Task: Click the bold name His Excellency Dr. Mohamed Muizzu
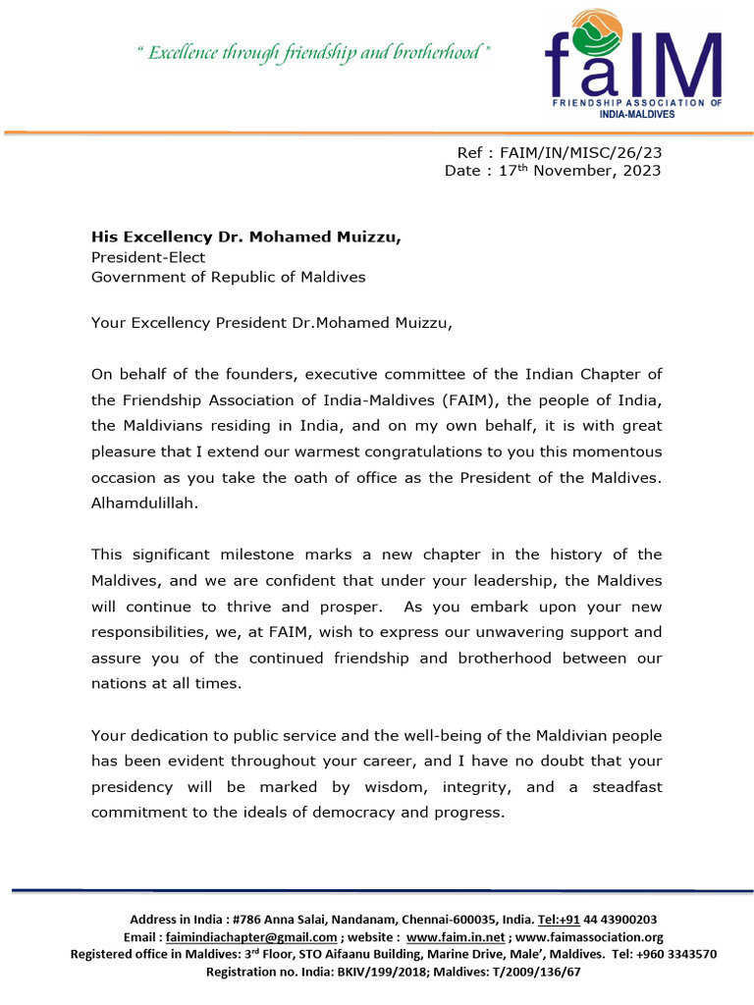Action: [246, 237]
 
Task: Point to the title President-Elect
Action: [148, 256]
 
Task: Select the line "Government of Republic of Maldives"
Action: [228, 277]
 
